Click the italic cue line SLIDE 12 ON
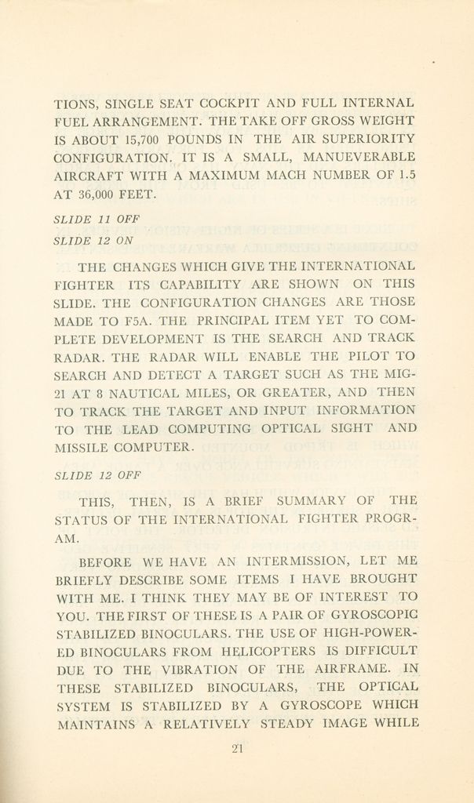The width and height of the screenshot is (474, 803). (93, 242)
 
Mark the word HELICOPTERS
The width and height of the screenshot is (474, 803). (271, 651)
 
